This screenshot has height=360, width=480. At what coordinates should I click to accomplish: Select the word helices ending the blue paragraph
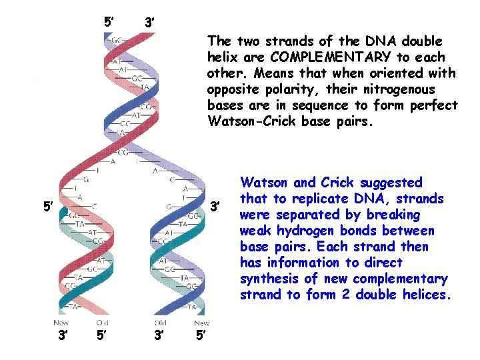point(429,295)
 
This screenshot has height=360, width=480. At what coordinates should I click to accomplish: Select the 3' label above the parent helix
point(150,24)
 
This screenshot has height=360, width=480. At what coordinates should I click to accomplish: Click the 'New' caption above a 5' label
point(201,323)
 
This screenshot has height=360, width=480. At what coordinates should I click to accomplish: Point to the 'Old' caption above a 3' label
point(161,323)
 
